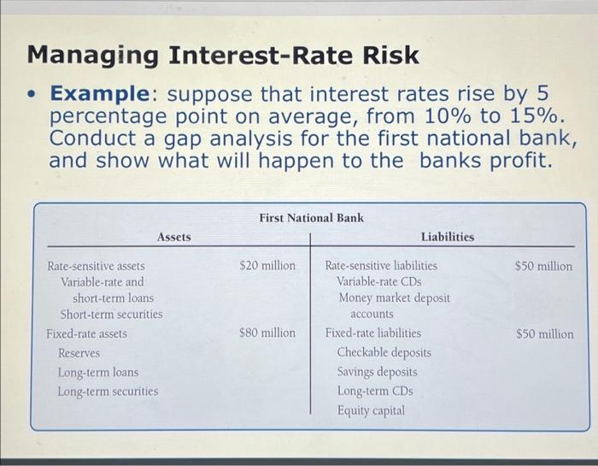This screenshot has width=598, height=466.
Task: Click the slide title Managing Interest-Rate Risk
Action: coord(224,56)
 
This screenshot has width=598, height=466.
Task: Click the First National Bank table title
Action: coord(311,218)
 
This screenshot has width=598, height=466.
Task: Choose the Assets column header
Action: coord(174,237)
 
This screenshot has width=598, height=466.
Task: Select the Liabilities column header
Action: coord(447,237)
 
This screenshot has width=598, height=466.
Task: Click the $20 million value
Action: coord(267,266)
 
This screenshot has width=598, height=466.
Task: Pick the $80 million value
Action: coord(267,333)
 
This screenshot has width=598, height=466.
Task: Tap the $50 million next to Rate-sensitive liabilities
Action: coord(544,266)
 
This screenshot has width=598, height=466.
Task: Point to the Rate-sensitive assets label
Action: coord(96,266)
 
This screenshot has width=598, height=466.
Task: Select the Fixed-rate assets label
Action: coord(86,333)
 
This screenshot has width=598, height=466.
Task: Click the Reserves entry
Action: coord(79,353)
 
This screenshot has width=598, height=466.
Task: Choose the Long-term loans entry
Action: coord(97,373)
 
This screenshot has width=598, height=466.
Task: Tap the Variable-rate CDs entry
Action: coord(378,281)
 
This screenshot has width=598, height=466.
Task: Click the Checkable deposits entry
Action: coord(384,352)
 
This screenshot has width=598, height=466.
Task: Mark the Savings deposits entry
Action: coord(377,372)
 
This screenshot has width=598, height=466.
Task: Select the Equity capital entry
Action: coord(371,410)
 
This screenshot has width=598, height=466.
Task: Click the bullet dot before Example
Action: coord(32,93)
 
